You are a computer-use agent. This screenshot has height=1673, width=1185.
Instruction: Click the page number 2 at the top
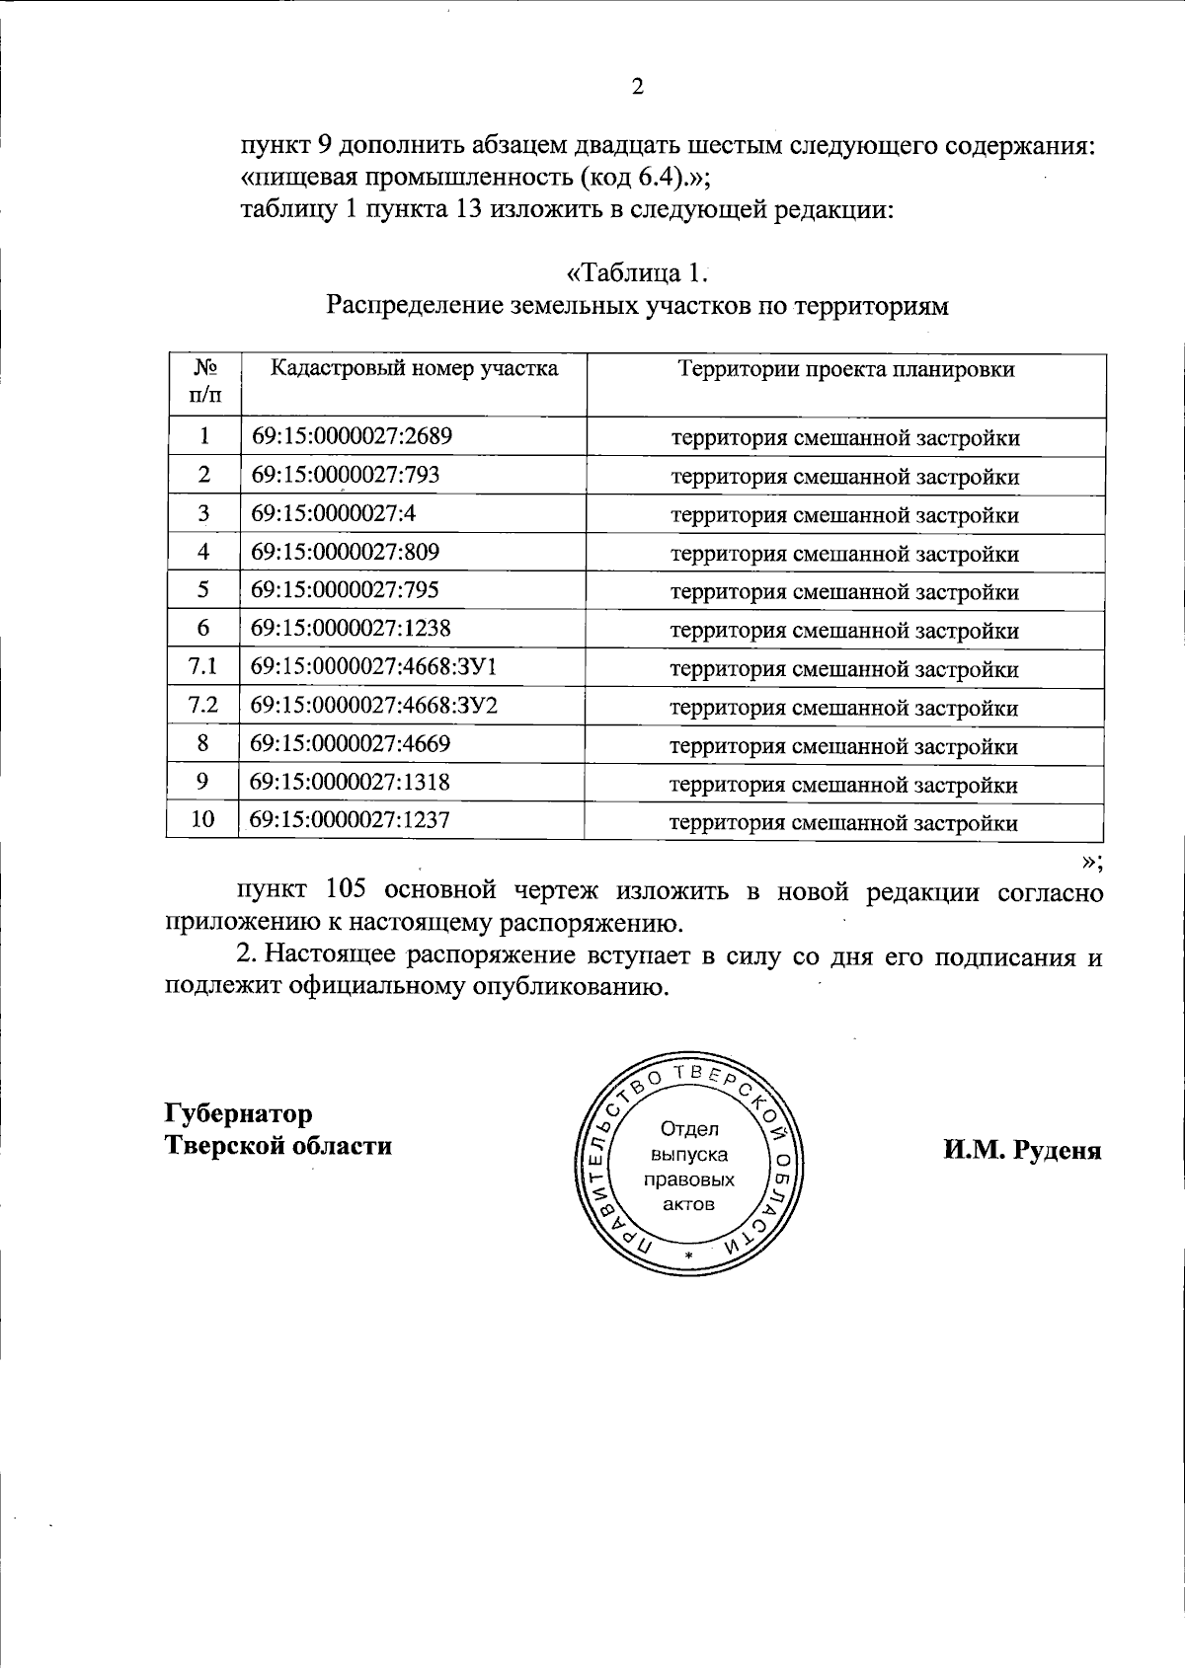pos(637,87)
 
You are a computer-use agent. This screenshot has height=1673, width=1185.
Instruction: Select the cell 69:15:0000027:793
pos(345,474)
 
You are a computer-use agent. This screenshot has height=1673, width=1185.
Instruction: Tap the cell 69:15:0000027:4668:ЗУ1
pos(373,666)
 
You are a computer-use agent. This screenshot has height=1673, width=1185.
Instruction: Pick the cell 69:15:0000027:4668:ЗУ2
pos(373,705)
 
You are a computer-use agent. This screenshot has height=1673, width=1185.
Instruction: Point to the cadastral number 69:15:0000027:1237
pos(350,819)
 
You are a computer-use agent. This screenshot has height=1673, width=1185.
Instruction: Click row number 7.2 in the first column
pos(202,705)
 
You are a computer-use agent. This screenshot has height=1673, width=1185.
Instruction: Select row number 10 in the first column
pos(202,819)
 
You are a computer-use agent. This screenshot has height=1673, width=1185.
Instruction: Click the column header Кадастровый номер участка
pos(414,369)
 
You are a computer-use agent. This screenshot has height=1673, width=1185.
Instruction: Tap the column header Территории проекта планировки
pos(845,369)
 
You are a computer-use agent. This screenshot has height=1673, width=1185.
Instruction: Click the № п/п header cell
pos(204,381)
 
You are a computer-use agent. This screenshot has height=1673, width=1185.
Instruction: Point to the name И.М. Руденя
pos(1022,1150)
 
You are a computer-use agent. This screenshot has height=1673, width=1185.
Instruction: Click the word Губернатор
pos(238,1113)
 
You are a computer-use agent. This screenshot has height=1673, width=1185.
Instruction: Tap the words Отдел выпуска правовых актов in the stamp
pos(688,1166)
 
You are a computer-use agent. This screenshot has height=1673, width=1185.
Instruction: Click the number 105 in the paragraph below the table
pos(346,890)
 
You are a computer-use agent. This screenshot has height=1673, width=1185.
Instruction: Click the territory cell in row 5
pos(844,592)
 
